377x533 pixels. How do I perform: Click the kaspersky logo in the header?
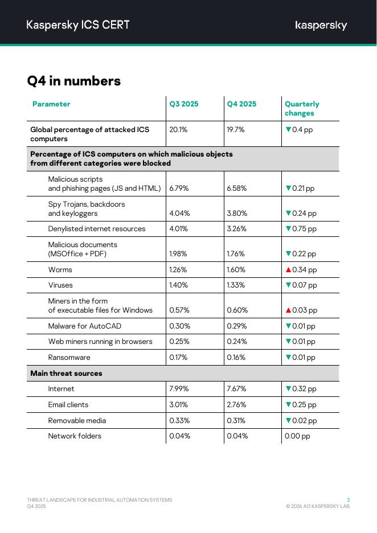tap(321, 25)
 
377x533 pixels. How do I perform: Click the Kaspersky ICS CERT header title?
tap(78, 24)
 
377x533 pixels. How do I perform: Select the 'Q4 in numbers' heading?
tap(74, 81)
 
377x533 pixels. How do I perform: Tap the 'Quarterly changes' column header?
tap(302, 108)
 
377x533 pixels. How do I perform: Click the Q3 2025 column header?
tap(184, 104)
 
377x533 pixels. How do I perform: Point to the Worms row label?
tap(60, 269)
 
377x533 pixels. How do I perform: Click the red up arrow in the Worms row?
tap(288, 269)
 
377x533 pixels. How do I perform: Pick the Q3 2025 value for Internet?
tap(179, 389)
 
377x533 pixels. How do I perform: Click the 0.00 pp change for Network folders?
tap(297, 436)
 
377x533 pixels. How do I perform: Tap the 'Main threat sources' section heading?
tap(66, 374)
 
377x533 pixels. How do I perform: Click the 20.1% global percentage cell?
tap(178, 129)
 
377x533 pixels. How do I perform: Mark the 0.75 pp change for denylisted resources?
tap(304, 229)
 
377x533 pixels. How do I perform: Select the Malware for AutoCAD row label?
tap(84, 326)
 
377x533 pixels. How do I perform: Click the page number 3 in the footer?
tap(348, 500)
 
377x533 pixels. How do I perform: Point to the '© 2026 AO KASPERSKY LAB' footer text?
tap(318, 506)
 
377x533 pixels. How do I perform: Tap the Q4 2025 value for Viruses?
tap(236, 285)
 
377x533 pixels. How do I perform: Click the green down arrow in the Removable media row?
tap(288, 420)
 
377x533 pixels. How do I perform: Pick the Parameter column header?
tap(51, 104)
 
